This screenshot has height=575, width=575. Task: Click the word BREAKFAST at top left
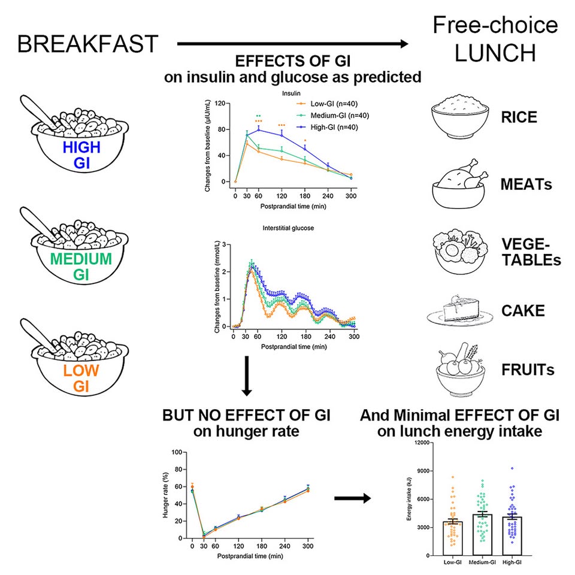[87, 45]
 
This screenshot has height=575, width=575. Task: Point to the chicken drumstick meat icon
[458, 183]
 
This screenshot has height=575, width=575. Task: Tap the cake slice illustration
[459, 311]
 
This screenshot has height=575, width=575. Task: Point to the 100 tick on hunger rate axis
[178, 452]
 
